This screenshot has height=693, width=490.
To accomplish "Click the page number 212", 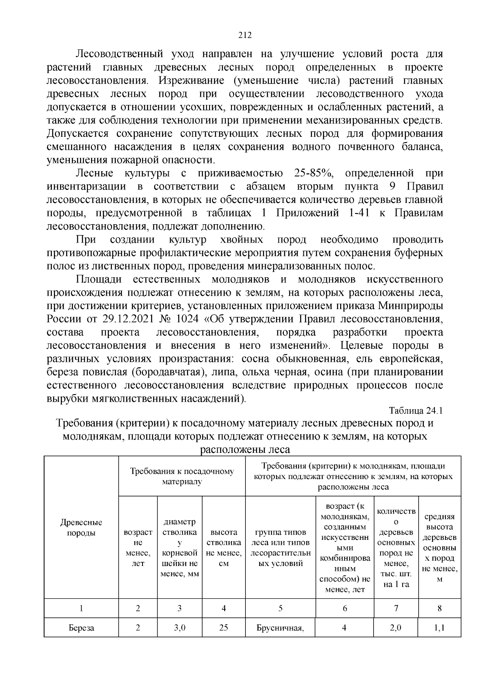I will pos(245,35).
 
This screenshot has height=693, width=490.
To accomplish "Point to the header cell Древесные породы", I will pos(81,528).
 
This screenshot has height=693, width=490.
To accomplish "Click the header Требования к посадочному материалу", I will pos(182,477).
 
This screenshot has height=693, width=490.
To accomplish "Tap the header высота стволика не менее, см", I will pos(224,548).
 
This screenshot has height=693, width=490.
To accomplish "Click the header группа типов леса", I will pos(281,548).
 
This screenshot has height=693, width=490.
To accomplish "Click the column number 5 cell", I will pos(281,608).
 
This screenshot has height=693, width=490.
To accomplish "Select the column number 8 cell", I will pos(440,608).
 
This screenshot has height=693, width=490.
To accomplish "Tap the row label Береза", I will pos(81,628).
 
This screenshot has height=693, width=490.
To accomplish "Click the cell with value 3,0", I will pos(180,628).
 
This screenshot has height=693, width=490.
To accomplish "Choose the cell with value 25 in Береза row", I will pos(224,628).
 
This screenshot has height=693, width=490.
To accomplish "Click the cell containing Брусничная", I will pos(281,628).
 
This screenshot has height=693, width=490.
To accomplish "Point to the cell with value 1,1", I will pos(440,628).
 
